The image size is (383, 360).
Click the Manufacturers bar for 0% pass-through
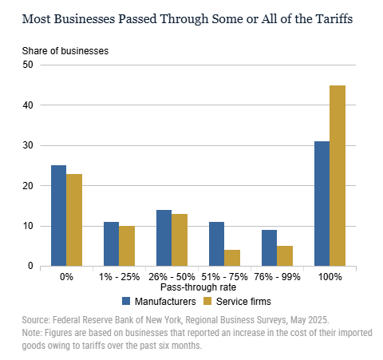coord(58,216)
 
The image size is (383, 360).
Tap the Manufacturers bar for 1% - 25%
coord(111,243)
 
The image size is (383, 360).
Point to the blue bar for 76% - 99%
coord(269,247)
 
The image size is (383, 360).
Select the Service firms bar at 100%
coord(337,176)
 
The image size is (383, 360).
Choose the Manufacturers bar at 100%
coord(322,204)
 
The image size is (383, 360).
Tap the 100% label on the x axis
coord(330,276)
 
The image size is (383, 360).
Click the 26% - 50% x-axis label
coord(170,276)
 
